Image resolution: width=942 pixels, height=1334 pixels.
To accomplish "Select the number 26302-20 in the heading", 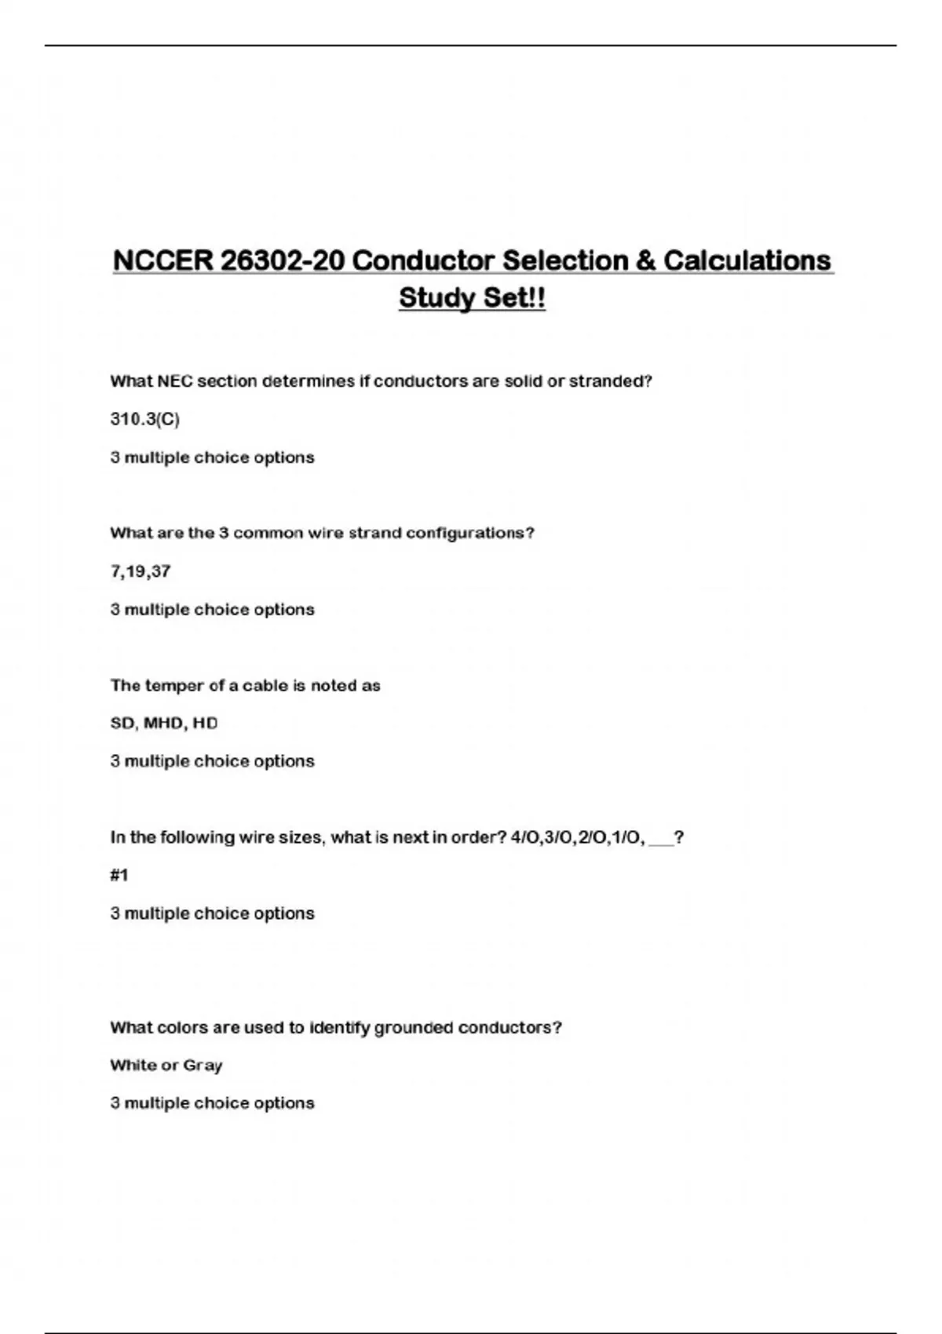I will (x=282, y=261).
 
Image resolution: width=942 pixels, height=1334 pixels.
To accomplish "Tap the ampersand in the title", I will (x=645, y=261).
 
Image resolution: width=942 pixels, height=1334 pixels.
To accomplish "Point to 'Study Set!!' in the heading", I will (x=472, y=298).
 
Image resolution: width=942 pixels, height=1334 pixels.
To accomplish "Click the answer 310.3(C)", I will (x=145, y=419).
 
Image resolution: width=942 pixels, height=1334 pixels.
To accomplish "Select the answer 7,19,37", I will (x=141, y=571).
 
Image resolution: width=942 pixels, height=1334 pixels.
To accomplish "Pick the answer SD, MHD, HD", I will (x=164, y=723).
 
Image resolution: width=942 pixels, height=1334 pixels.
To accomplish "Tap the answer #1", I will (x=119, y=875).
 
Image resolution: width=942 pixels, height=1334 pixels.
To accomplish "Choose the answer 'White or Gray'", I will (x=166, y=1065).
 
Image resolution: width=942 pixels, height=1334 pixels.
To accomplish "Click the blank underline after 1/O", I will (x=662, y=840).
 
